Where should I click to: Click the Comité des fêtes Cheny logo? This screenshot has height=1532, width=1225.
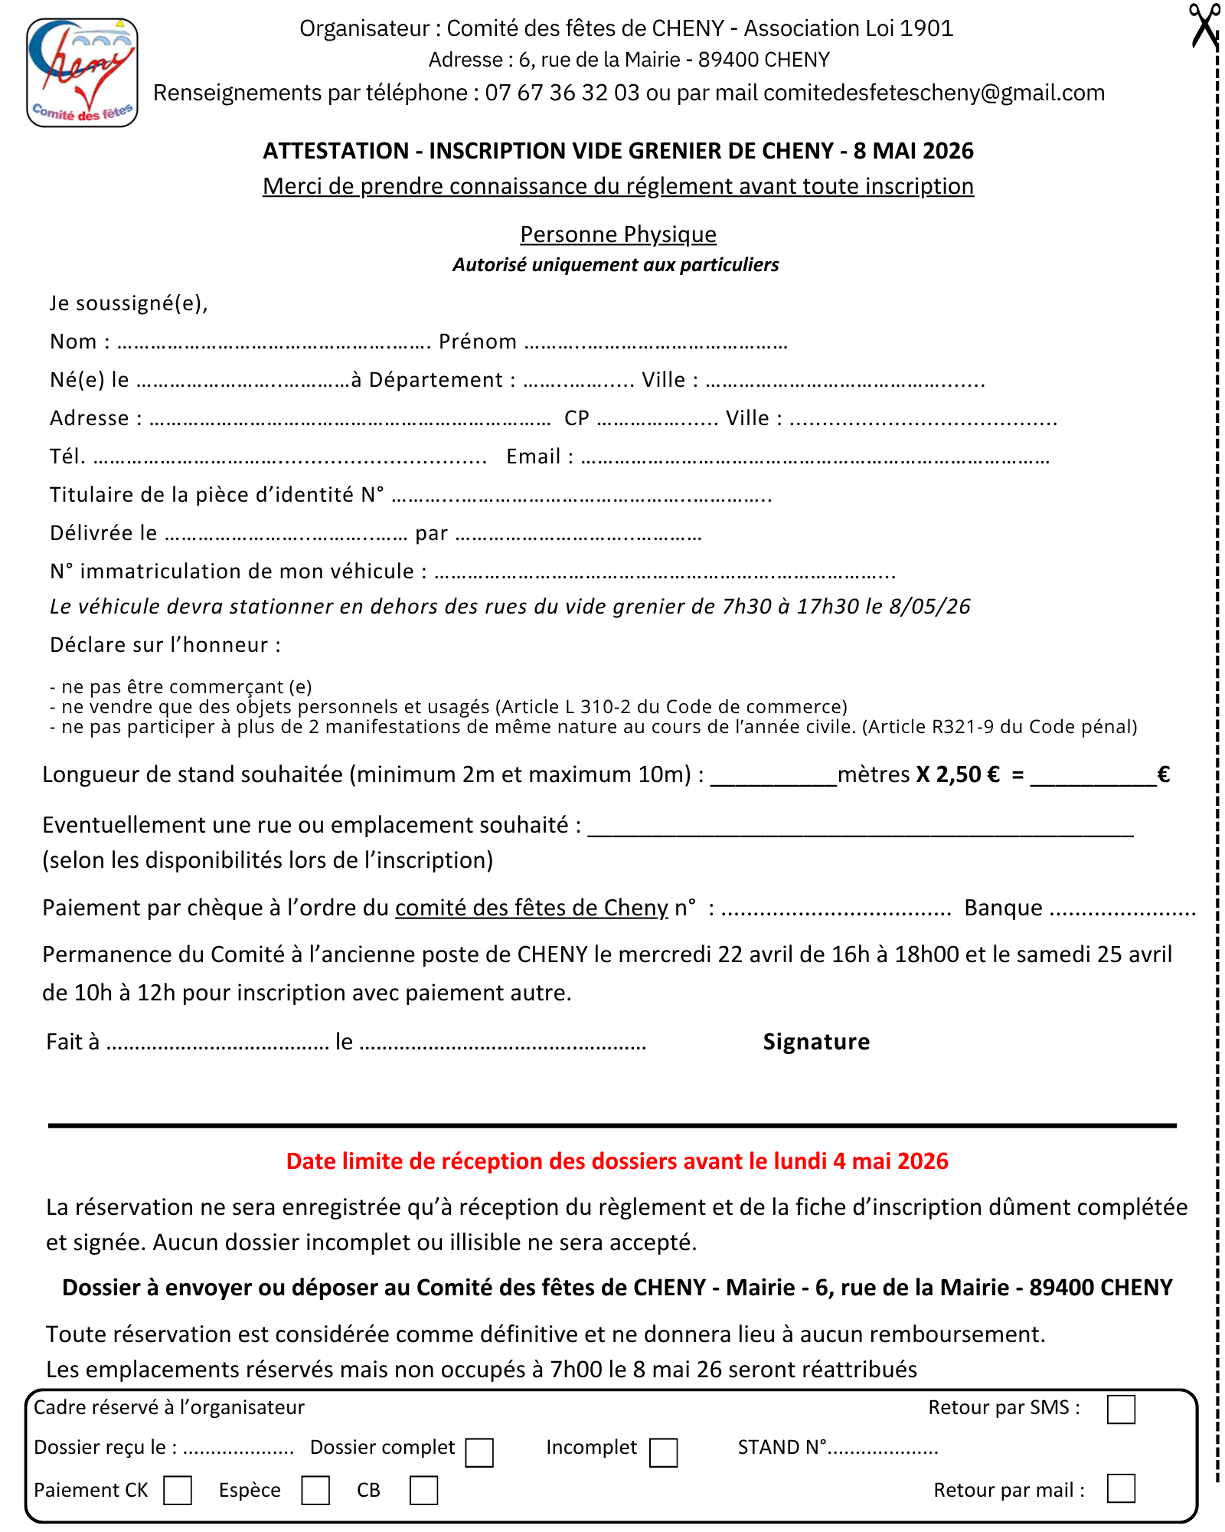click(82, 73)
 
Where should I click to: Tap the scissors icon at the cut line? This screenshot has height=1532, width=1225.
click(1204, 27)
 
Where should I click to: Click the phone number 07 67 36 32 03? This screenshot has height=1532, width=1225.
click(561, 93)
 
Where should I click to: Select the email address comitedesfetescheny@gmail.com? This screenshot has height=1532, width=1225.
click(934, 93)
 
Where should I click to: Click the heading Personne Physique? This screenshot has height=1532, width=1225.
click(618, 234)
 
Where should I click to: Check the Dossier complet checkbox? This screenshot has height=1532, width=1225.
click(479, 1452)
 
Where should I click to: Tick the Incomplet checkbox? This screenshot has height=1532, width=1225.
click(663, 1452)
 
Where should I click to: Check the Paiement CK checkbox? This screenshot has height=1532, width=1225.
click(178, 1491)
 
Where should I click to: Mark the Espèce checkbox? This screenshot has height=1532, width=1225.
click(315, 1491)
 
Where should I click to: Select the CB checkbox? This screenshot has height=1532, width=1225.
click(423, 1491)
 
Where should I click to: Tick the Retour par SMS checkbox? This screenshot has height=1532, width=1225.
click(1121, 1409)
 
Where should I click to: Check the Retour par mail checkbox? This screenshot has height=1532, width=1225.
click(1121, 1489)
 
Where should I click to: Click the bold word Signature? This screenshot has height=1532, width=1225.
click(816, 1042)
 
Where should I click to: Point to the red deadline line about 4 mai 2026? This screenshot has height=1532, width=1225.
click(617, 1161)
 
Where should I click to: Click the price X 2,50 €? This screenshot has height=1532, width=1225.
click(958, 774)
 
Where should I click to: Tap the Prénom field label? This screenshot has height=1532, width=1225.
click(478, 342)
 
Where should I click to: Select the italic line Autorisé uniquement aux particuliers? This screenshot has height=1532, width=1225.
click(616, 265)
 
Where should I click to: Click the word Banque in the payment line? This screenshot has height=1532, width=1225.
click(1003, 908)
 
